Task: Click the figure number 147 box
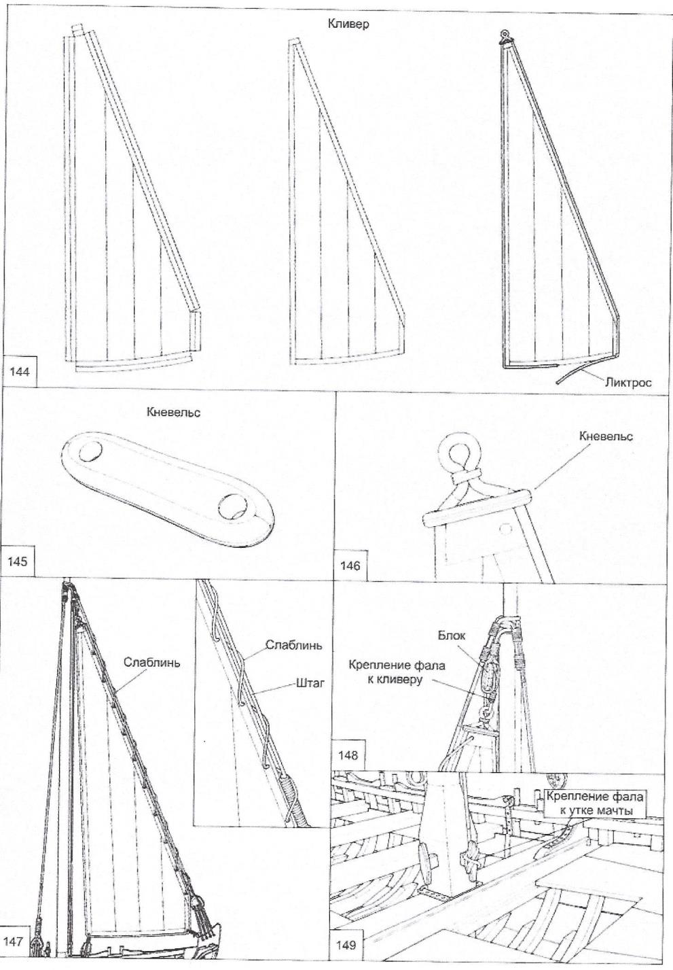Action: pyautogui.click(x=16, y=942)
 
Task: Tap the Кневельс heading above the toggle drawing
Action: pyautogui.click(x=173, y=412)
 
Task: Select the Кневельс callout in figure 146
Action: pyautogui.click(x=606, y=436)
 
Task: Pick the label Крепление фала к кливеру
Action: pyautogui.click(x=397, y=672)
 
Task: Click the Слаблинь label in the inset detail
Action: pyautogui.click(x=293, y=644)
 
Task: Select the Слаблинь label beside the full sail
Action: pyautogui.click(x=152, y=662)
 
